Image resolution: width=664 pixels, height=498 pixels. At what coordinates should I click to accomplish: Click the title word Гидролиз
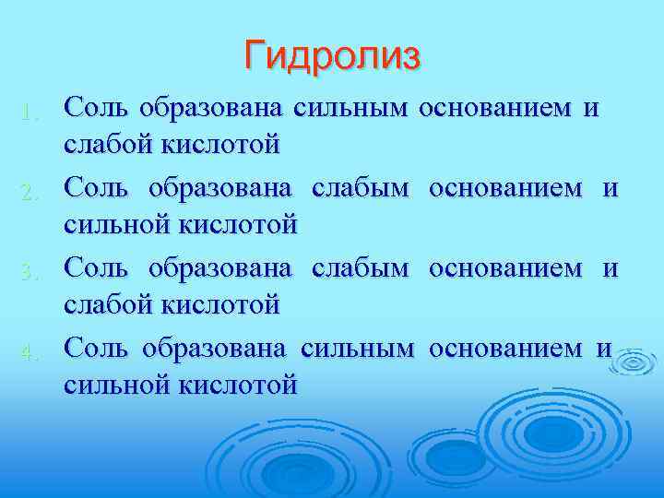(x=332, y=55)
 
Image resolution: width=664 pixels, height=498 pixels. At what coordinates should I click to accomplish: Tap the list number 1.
(x=30, y=114)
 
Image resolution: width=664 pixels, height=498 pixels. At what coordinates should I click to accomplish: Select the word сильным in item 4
(x=355, y=347)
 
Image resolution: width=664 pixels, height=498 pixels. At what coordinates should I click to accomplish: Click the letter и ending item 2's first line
(x=610, y=188)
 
